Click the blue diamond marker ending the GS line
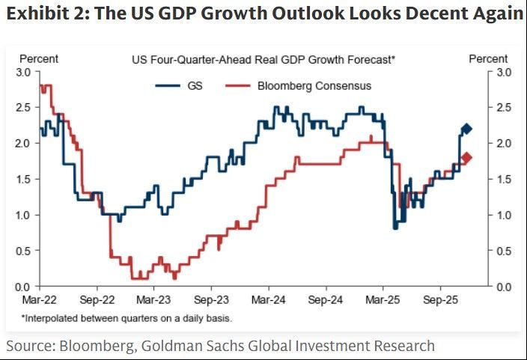(x=466, y=129)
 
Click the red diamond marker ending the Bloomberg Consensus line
(x=466, y=158)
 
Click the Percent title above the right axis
(x=488, y=58)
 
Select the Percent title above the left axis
(x=39, y=58)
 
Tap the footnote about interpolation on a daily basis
(x=126, y=318)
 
